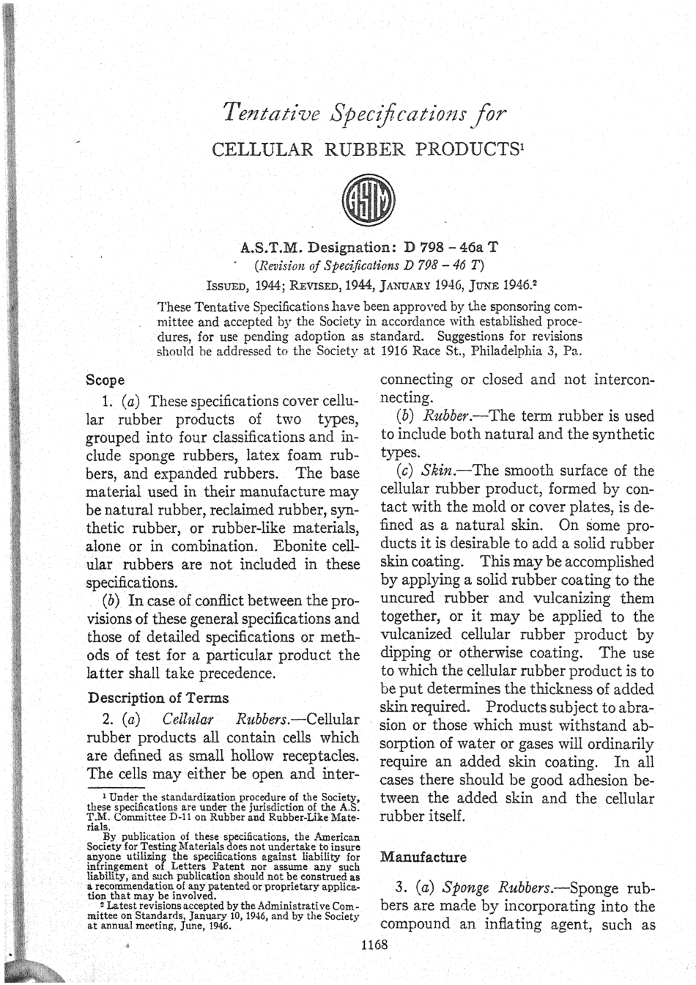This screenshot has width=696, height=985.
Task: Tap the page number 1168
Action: [x=374, y=945]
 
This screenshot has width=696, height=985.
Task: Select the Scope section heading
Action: [x=105, y=380]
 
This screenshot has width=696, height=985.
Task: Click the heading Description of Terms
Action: [x=158, y=698]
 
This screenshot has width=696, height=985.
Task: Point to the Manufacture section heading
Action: [x=423, y=857]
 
